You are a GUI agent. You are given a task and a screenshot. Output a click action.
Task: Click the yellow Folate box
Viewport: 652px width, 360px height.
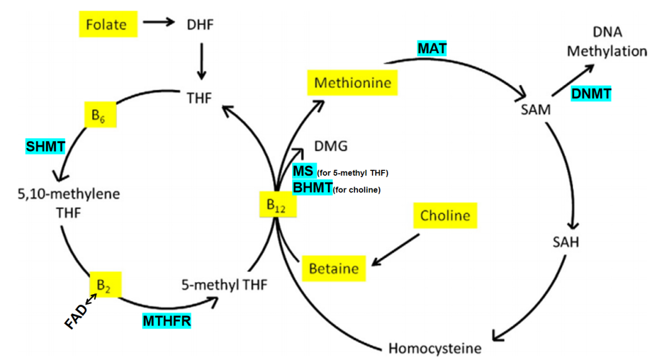click(x=108, y=24)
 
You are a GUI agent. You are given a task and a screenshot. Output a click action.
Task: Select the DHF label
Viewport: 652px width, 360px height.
click(x=200, y=25)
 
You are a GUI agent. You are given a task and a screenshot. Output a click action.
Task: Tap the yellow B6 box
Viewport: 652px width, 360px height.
click(x=100, y=114)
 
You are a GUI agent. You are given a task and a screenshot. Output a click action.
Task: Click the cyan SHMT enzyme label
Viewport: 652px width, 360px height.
click(x=45, y=147)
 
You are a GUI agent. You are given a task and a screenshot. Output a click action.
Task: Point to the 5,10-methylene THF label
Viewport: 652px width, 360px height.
click(x=69, y=203)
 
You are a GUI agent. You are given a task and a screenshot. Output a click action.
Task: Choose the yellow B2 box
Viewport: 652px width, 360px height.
click(x=106, y=284)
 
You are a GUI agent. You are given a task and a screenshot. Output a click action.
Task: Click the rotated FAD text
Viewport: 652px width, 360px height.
click(x=76, y=317)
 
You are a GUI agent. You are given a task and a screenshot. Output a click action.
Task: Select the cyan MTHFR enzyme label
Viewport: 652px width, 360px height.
click(x=167, y=321)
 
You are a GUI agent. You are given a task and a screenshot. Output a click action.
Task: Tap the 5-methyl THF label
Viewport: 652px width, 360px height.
click(x=225, y=284)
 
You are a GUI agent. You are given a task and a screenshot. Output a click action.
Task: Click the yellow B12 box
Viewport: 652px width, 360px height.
click(x=278, y=204)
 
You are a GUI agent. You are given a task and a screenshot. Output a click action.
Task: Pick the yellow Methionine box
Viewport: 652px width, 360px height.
click(x=352, y=83)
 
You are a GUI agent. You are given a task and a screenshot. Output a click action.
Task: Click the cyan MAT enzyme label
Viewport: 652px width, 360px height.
click(x=432, y=49)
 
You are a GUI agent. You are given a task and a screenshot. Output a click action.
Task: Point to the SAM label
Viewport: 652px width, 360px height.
click(x=535, y=109)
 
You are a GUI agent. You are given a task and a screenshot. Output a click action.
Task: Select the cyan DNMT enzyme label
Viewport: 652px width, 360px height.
click(x=591, y=94)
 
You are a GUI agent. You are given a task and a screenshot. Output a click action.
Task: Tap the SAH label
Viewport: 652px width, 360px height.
click(x=566, y=242)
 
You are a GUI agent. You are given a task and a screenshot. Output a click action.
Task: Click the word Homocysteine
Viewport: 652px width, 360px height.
click(x=435, y=349)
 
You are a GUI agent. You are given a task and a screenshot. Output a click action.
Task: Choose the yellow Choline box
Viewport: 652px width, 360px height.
click(x=445, y=216)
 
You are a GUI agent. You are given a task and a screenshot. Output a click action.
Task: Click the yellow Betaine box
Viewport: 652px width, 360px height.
click(x=334, y=268)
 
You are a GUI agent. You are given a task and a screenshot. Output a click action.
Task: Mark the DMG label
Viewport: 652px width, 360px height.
click(x=331, y=146)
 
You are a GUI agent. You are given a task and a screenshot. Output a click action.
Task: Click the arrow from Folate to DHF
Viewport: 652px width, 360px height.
click(x=159, y=22)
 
